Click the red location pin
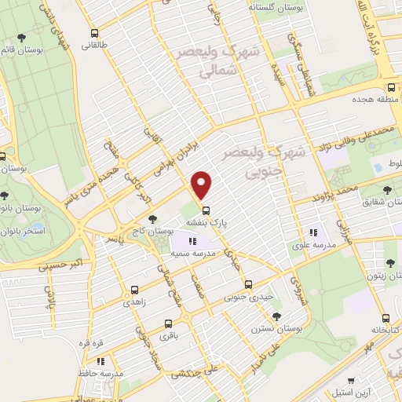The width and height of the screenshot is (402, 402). [x=203, y=184]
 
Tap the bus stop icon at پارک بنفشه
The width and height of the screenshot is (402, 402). [x=207, y=210]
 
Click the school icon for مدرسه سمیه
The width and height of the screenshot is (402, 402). [x=193, y=241]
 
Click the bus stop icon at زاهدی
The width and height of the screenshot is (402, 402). [x=134, y=289]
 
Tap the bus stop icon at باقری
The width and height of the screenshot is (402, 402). [x=168, y=323]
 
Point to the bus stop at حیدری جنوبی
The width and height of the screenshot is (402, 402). [x=248, y=284]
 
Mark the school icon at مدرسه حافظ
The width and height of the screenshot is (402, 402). [x=100, y=361]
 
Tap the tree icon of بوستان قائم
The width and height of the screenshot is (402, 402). [x=21, y=37]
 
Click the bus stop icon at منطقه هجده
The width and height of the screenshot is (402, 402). [x=390, y=89]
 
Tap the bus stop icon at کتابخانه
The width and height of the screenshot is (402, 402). [x=386, y=318]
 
